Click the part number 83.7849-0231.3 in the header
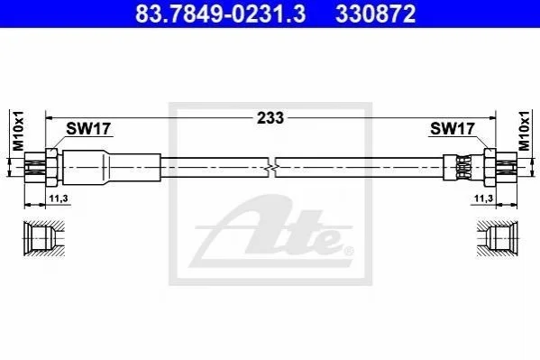pyautogui.click(x=220, y=14)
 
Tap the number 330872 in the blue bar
pyautogui.click(x=376, y=14)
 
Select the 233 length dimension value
pyautogui.click(x=270, y=118)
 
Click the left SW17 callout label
pyautogui.click(x=88, y=129)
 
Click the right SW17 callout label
pyautogui.click(x=453, y=129)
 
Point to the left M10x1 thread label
pyautogui.click(x=18, y=131)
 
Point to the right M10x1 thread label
pyautogui.click(x=524, y=131)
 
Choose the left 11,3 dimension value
pyautogui.click(x=59, y=198)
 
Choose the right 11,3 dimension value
pyautogui.click(x=483, y=198)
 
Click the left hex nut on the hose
pyautogui.click(x=51, y=167)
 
